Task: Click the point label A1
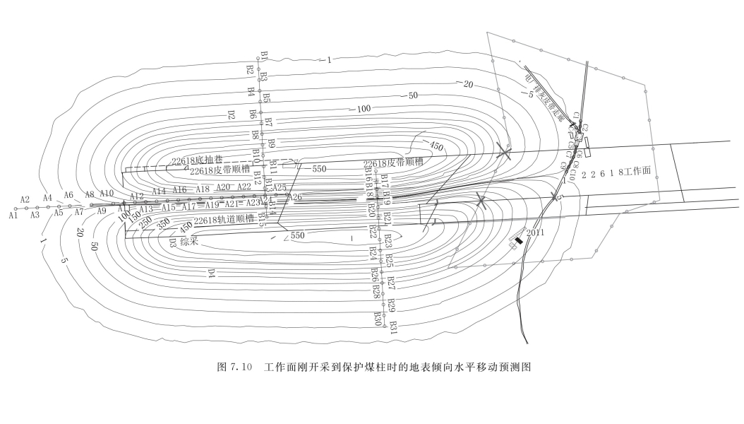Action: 13,215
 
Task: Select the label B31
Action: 393,327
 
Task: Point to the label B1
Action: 264,56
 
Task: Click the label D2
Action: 231,114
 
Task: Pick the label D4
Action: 211,273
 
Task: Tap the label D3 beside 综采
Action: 172,242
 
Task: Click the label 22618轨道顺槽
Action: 225,220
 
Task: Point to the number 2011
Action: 536,232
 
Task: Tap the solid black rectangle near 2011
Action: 519,241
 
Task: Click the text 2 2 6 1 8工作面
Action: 620,172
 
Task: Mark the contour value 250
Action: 146,222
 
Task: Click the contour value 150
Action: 135,217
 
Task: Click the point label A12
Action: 137,196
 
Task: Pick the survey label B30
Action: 378,319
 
